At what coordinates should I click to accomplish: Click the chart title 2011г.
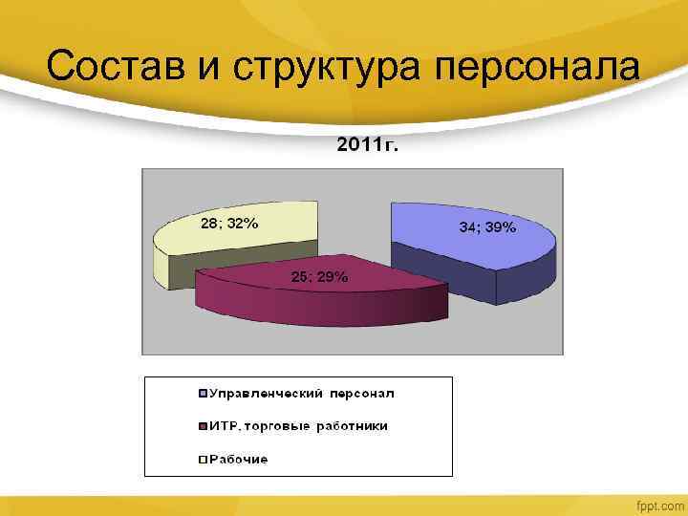coord(368,145)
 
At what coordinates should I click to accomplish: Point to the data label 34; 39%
coord(487,227)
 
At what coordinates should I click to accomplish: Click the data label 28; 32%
coord(227,224)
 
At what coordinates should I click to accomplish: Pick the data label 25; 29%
coord(319,277)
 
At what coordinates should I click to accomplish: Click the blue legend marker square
coord(203,394)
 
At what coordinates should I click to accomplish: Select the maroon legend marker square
coord(203,426)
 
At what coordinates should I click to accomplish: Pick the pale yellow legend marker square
coord(203,460)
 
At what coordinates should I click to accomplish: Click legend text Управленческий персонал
coord(302,394)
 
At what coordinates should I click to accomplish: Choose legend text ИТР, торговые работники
coord(298,426)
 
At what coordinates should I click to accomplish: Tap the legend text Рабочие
coord(239,460)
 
